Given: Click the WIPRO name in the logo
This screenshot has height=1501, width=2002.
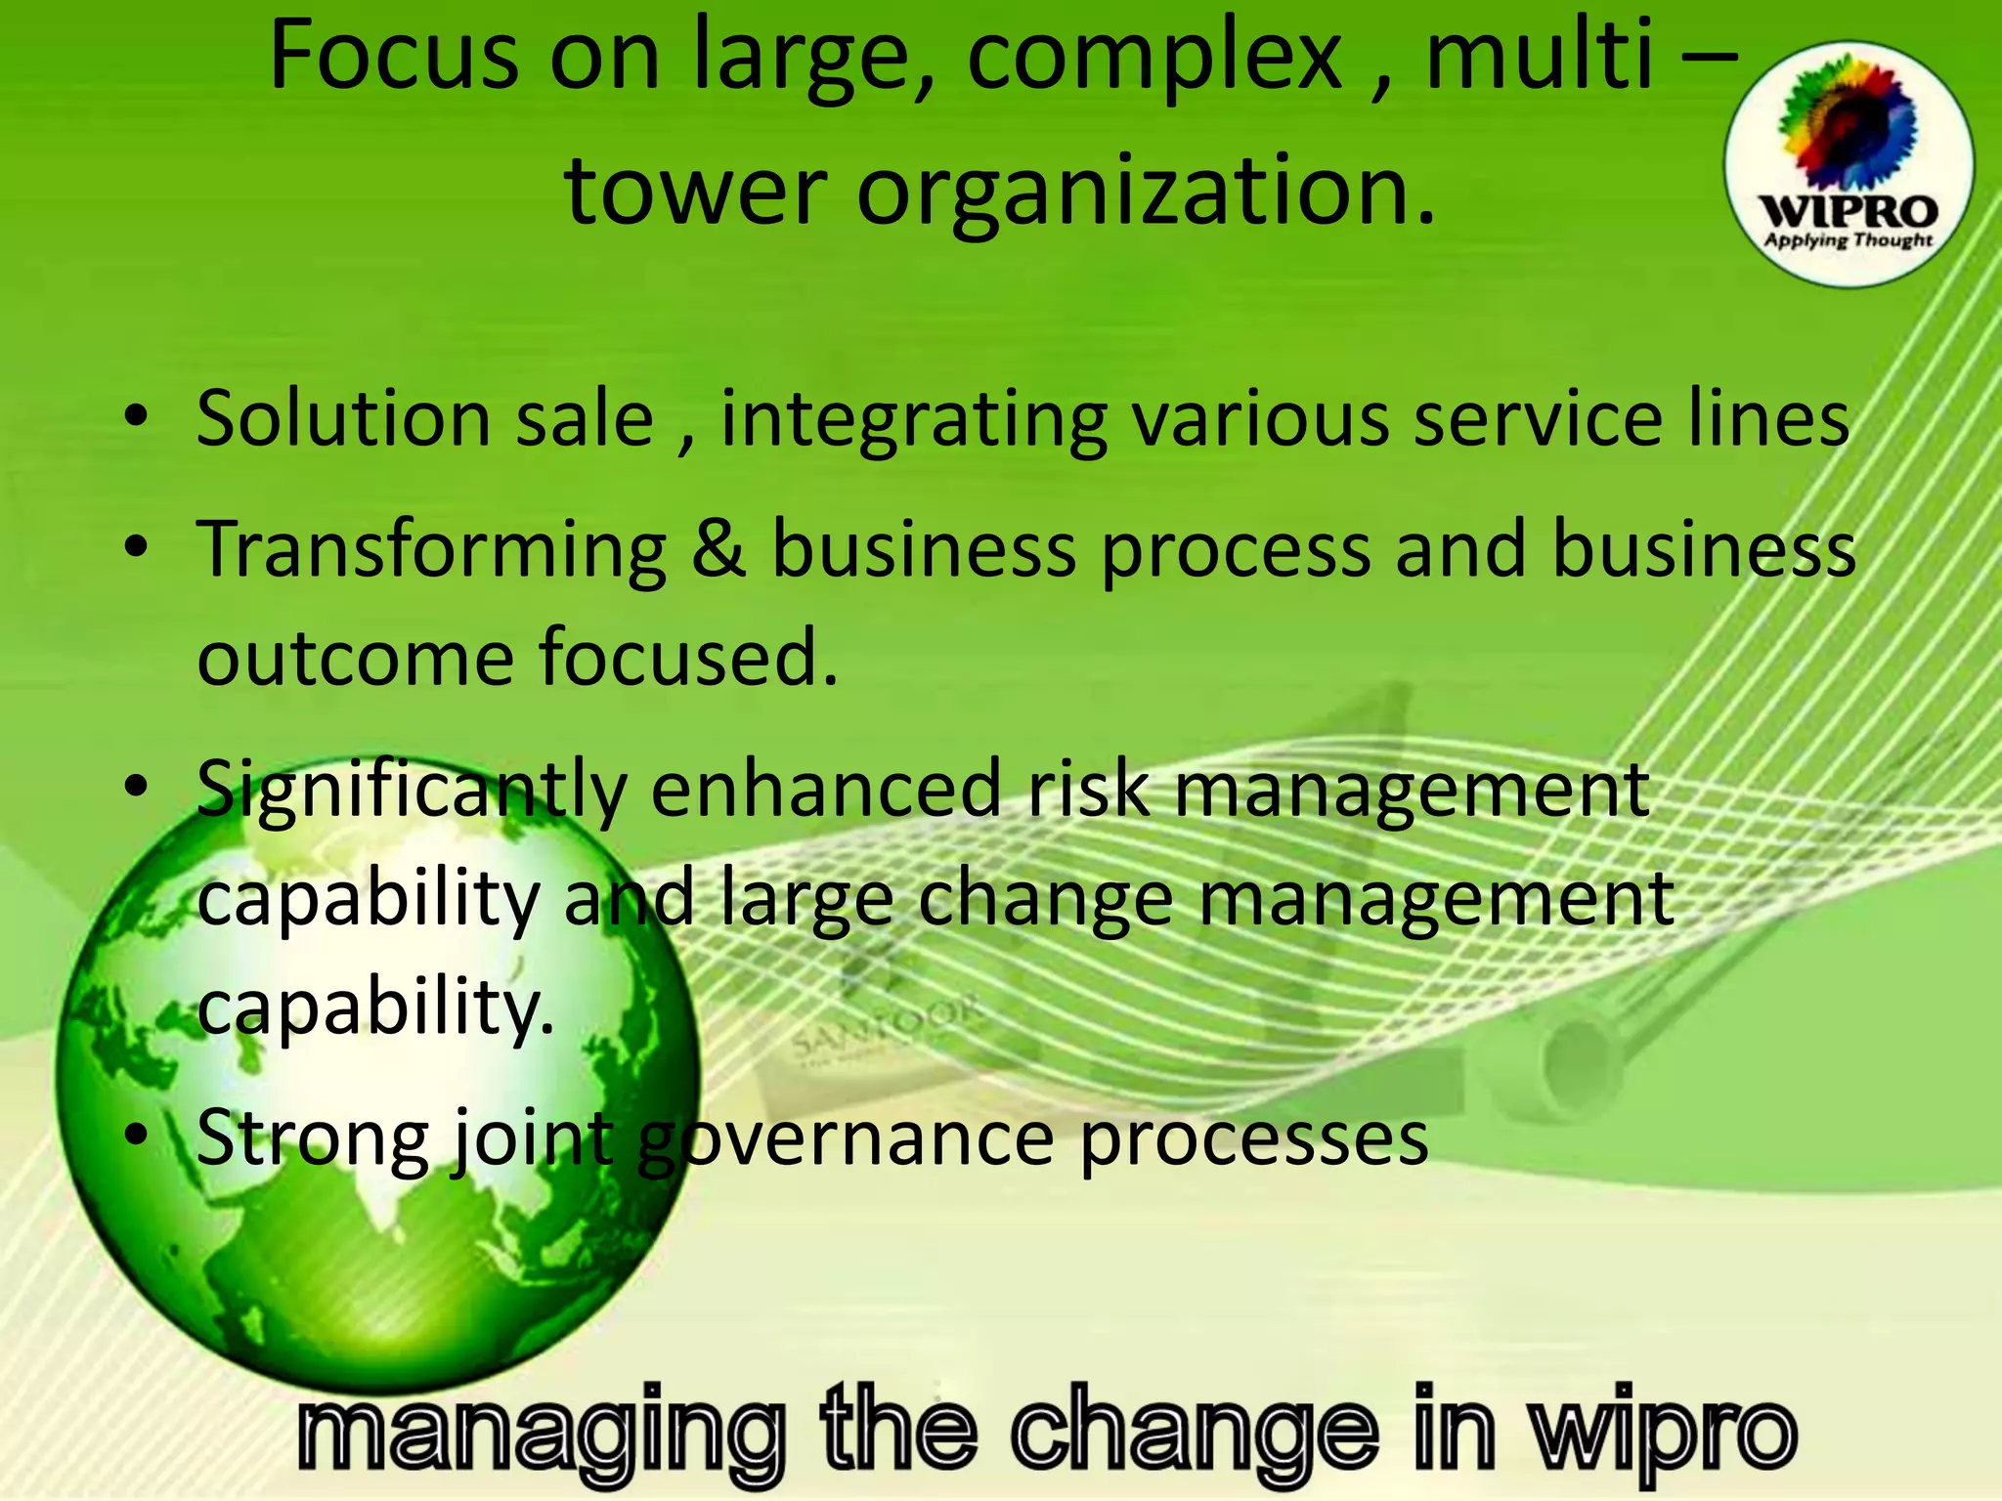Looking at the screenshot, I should click(x=1848, y=211).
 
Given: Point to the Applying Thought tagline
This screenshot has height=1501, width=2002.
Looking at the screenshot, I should click(x=1848, y=240).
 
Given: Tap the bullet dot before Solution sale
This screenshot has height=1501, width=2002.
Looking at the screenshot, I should click(x=137, y=417).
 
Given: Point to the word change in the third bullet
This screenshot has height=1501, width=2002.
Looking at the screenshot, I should click(x=1046, y=899).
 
